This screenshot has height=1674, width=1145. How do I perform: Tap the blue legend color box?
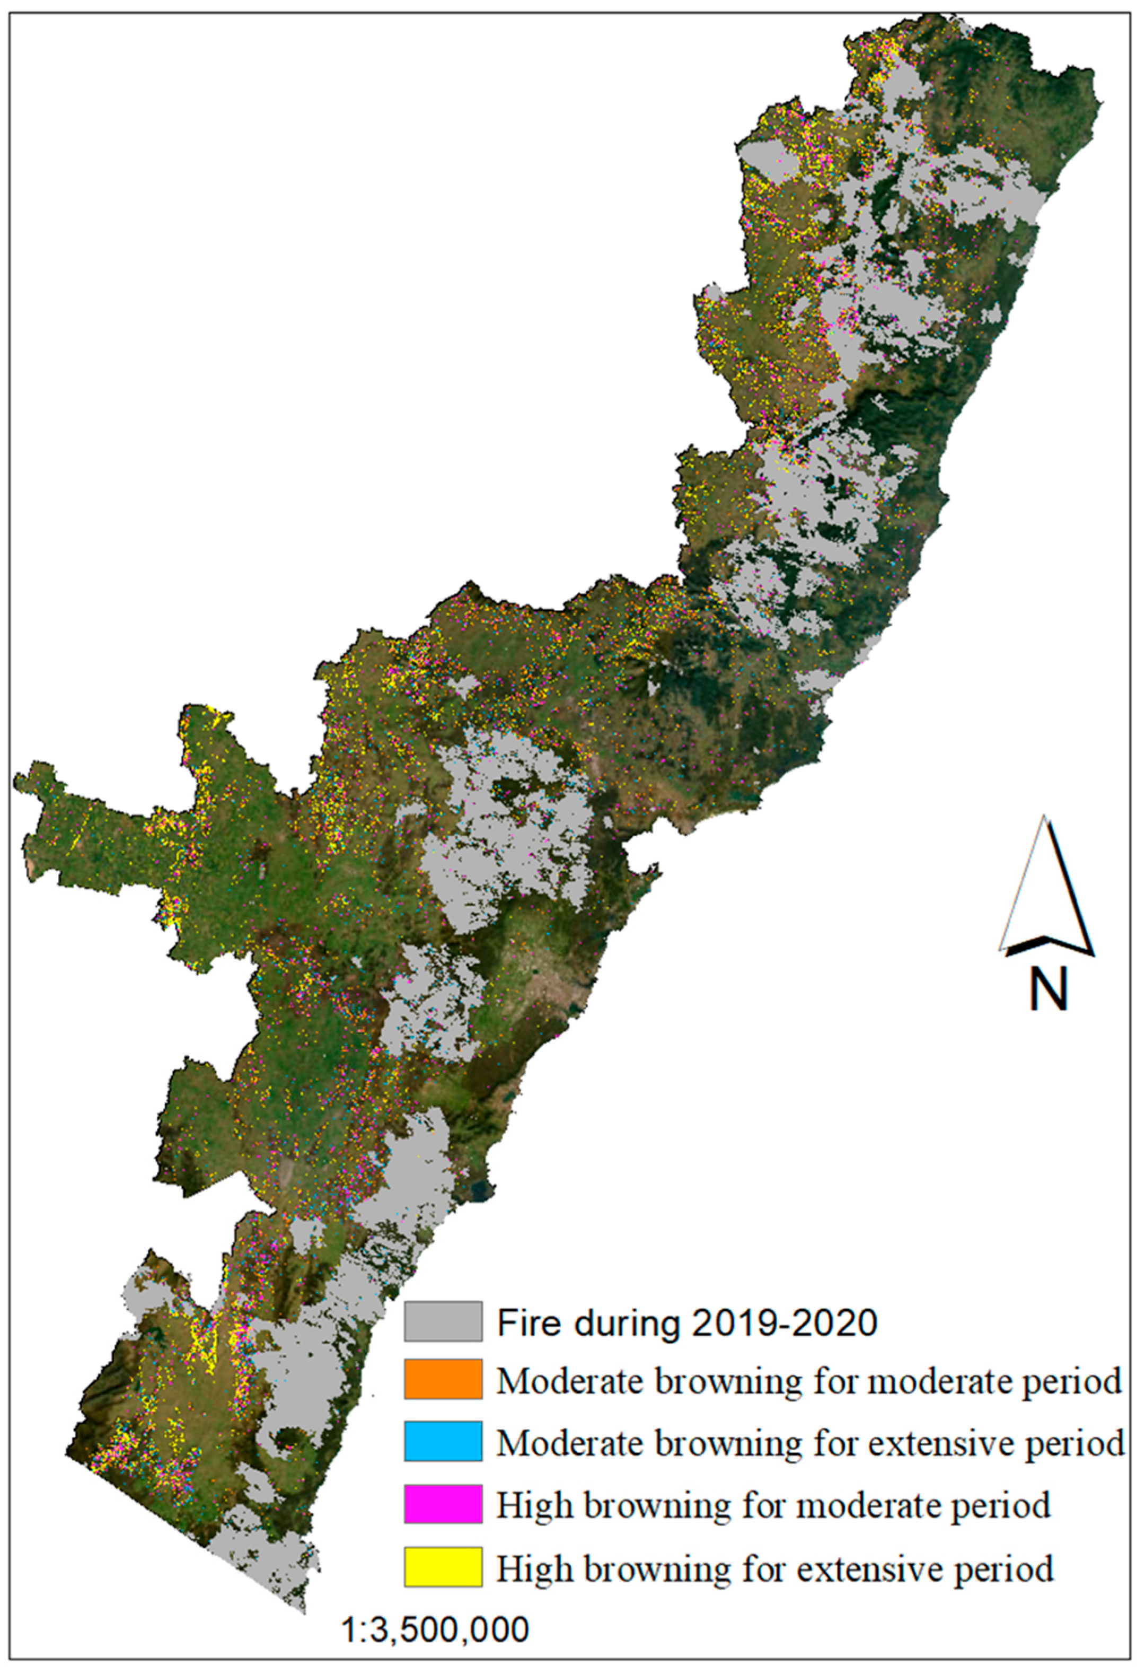click(x=443, y=1441)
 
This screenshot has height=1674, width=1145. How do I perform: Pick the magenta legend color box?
click(x=443, y=1503)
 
